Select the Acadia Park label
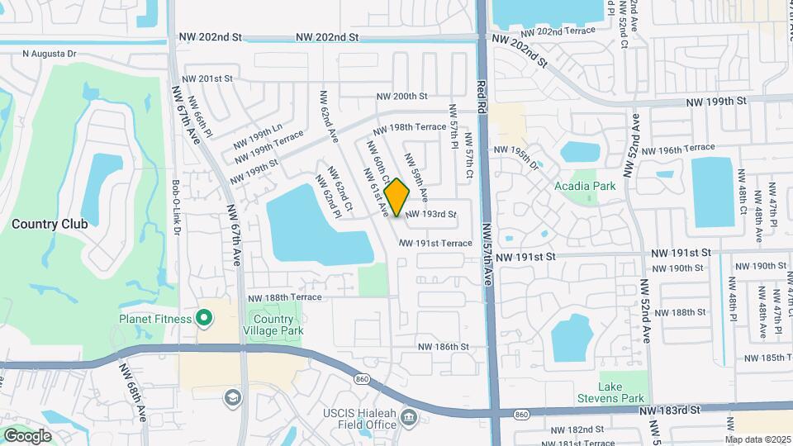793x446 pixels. tap(585, 187)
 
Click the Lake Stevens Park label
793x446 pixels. tap(621, 393)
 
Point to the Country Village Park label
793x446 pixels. tap(273, 325)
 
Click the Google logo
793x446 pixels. tap(27, 436)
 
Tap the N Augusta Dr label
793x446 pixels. tap(49, 54)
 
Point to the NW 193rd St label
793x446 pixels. tap(430, 214)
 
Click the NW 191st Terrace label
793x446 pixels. tap(435, 243)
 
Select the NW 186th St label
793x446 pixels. tap(443, 347)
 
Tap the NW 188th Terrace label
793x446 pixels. tap(285, 297)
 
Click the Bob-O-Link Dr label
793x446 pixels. tap(176, 206)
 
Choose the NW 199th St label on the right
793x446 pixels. tap(716, 101)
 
